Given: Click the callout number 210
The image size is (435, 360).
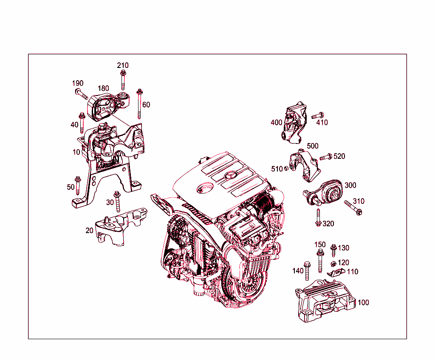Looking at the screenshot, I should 123,65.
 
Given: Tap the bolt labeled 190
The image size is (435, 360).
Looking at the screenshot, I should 81,93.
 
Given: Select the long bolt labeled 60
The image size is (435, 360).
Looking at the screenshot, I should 139,104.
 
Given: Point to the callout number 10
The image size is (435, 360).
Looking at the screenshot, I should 76,152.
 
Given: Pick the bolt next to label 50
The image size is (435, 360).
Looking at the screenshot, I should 78,184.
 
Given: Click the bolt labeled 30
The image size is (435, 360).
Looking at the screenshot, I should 118,201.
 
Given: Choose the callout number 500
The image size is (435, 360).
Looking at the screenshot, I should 312,146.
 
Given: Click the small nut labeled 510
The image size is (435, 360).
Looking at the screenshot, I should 287,169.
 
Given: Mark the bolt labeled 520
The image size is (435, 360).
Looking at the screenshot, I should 325,157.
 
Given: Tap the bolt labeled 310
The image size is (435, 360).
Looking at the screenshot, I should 353,208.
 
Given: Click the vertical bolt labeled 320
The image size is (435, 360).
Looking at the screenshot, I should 318,217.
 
